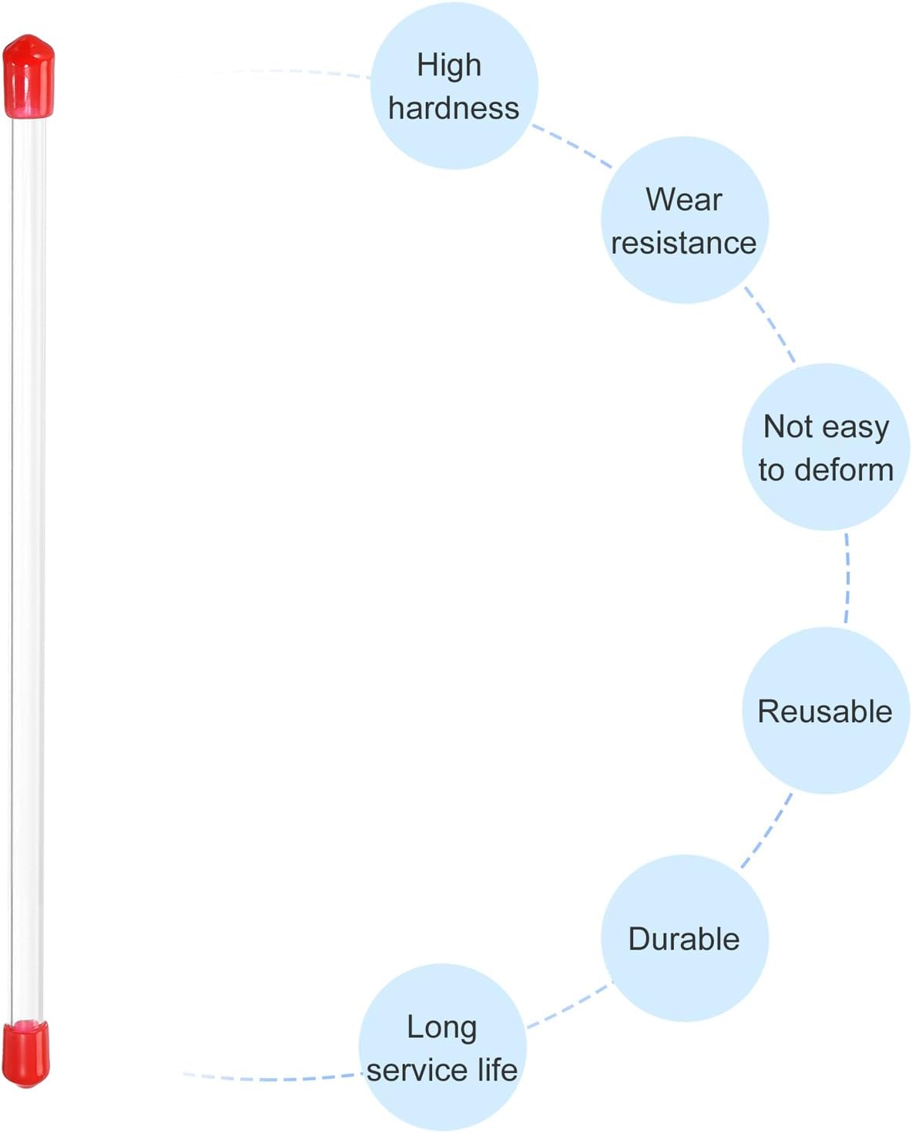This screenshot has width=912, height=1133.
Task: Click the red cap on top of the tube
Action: pyautogui.click(x=28, y=76)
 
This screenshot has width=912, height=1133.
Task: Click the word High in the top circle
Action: pyautogui.click(x=449, y=66)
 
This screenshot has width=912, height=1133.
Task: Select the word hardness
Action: pyautogui.click(x=454, y=108)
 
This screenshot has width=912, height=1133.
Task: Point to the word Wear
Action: pyautogui.click(x=683, y=200)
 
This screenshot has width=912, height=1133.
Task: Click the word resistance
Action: pyautogui.click(x=683, y=244)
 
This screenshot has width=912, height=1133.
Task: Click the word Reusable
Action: pyautogui.click(x=825, y=711)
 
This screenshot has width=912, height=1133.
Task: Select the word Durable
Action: pyautogui.click(x=683, y=939)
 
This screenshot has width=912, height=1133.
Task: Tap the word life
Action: pyautogui.click(x=498, y=1071)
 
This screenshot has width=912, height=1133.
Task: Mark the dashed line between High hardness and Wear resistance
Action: pyautogui.click(x=572, y=146)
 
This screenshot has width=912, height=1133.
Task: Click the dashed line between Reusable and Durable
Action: pyautogui.click(x=767, y=831)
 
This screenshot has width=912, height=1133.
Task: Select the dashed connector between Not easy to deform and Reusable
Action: pyautogui.click(x=847, y=578)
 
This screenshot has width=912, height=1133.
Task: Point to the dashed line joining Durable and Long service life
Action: pyautogui.click(x=568, y=1006)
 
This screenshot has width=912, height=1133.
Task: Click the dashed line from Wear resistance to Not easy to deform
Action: pyautogui.click(x=769, y=324)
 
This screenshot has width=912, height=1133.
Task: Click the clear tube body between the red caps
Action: pyautogui.click(x=28, y=569)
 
